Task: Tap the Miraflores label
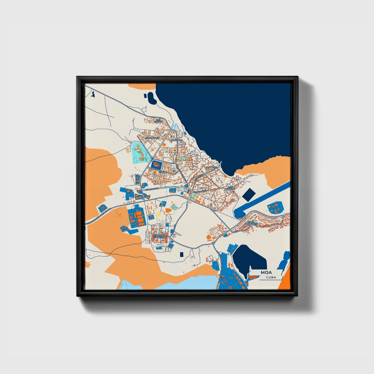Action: pyautogui.click(x=152, y=138)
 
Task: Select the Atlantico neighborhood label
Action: pyautogui.click(x=177, y=140)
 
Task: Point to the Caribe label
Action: pyautogui.click(x=163, y=172)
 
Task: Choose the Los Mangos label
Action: pyautogui.click(x=230, y=188)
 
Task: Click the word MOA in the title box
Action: pyautogui.click(x=266, y=272)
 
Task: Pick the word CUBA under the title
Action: pyautogui.click(x=271, y=277)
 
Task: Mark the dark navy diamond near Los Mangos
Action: pyautogui.click(x=248, y=195)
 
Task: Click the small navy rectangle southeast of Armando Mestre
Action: pyautogui.click(x=181, y=254)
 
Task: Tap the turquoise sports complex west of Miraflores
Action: pyautogui.click(x=138, y=152)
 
